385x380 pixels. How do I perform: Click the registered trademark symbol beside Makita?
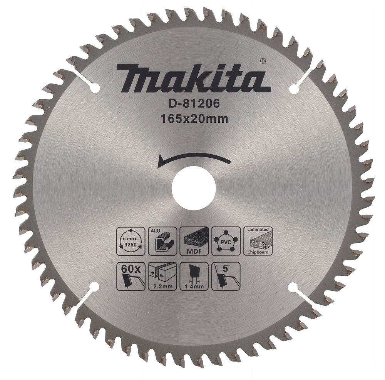[x=262, y=60]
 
